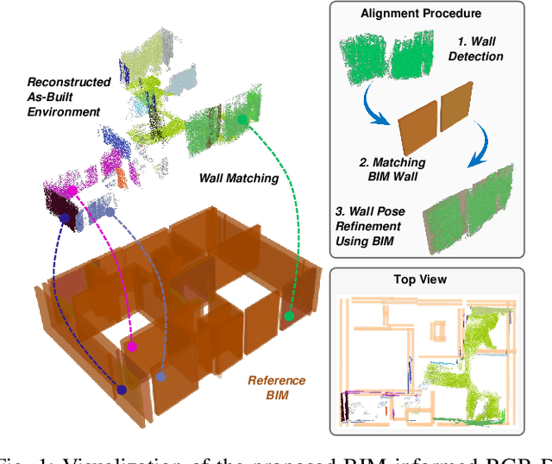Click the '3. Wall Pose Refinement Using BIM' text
tap(373, 223)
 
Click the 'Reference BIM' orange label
tap(276, 387)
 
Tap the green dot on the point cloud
tap(242, 120)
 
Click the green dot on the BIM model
tap(290, 317)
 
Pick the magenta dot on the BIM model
tap(132, 348)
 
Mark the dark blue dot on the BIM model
tap(122, 391)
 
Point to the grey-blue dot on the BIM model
tap(160, 376)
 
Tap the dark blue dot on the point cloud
tap(66, 218)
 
